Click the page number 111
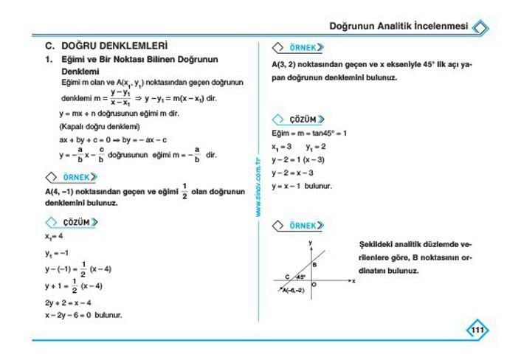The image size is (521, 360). [476, 330]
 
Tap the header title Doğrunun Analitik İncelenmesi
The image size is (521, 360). [398, 26]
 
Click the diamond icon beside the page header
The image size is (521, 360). [480, 27]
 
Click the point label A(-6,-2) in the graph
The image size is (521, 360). [294, 290]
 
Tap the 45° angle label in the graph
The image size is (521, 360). [300, 277]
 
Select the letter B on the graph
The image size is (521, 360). [314, 264]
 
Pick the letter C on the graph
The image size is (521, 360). [287, 277]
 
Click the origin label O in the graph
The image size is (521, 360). [314, 284]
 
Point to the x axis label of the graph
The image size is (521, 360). [353, 280]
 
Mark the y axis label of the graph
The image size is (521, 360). [311, 241]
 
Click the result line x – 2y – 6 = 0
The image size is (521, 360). [83, 314]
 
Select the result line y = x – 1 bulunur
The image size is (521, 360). [302, 186]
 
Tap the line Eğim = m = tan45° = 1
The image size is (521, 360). [309, 134]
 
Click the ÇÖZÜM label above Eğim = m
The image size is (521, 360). [299, 119]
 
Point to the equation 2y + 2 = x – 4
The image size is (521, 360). [68, 302]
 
